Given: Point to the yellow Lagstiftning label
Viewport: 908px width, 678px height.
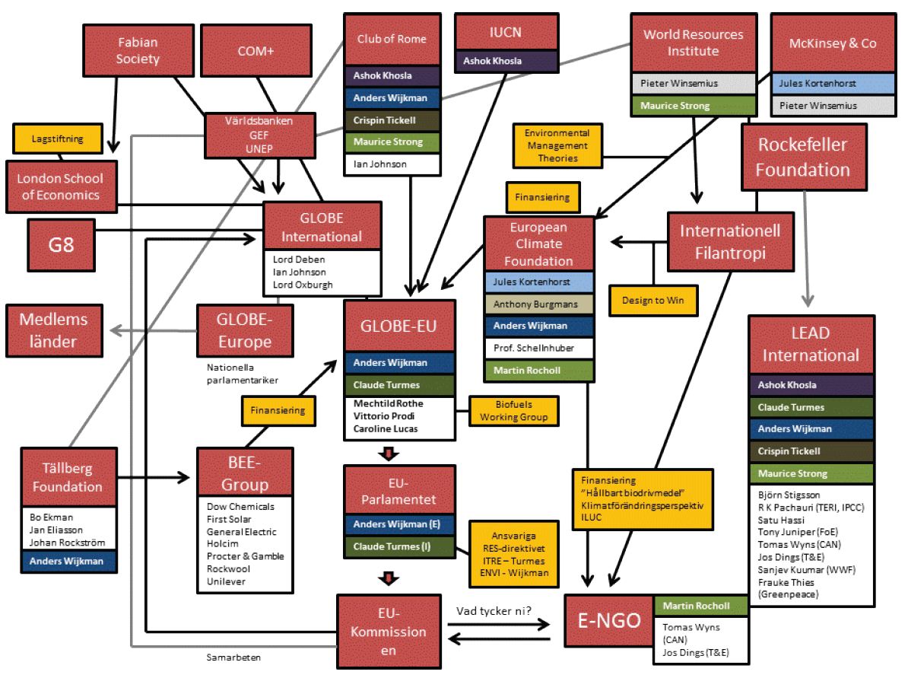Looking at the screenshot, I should tap(59, 138).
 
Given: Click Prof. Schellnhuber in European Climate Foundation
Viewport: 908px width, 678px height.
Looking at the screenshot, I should tap(540, 349).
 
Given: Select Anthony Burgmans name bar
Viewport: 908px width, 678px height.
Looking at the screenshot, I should tap(540, 304).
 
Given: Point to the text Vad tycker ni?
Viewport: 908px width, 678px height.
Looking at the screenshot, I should tap(492, 610).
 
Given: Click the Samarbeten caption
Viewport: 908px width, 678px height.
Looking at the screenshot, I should tap(230, 655).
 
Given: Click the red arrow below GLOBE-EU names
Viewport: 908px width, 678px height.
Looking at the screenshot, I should tap(389, 454).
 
